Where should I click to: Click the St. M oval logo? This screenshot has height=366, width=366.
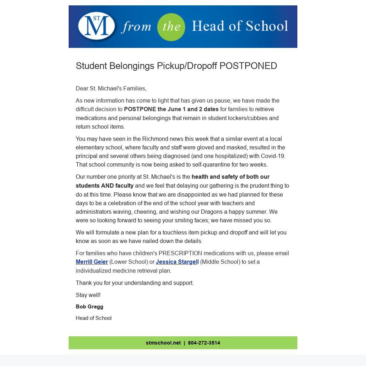[97, 26]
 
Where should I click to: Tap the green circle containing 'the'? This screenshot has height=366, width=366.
[171, 27]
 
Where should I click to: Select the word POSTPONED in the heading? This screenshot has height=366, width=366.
[248, 66]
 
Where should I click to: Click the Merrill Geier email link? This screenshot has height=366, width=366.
[92, 262]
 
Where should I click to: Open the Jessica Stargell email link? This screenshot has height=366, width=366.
[177, 262]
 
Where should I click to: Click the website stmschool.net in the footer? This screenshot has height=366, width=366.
[163, 343]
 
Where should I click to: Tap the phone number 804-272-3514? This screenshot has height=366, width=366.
[204, 343]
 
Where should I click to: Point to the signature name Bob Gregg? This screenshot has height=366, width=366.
[89, 307]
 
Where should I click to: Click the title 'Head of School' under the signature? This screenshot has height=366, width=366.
[94, 318]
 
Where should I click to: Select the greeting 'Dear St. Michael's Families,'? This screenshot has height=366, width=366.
[111, 88]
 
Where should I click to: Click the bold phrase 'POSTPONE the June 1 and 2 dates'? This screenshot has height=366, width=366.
[171, 109]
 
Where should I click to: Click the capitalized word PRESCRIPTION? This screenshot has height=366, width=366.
[180, 253]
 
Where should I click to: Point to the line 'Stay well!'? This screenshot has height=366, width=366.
[88, 295]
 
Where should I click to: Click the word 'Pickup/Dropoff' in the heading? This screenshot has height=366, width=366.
[187, 66]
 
